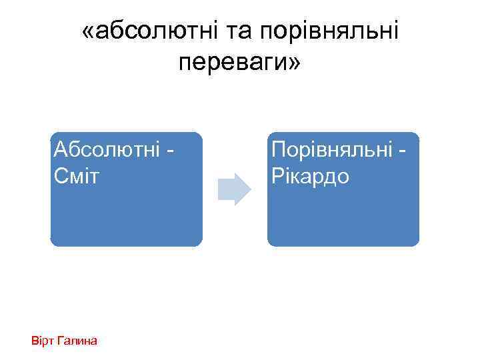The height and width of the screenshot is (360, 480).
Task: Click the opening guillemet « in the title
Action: tap(89, 31)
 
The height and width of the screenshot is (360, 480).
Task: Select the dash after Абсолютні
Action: tap(169, 149)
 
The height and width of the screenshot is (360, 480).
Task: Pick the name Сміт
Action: tap(75, 177)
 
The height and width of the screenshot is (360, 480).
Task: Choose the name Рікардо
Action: tap(310, 177)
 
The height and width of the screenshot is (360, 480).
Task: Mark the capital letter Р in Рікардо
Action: tap(276, 177)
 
